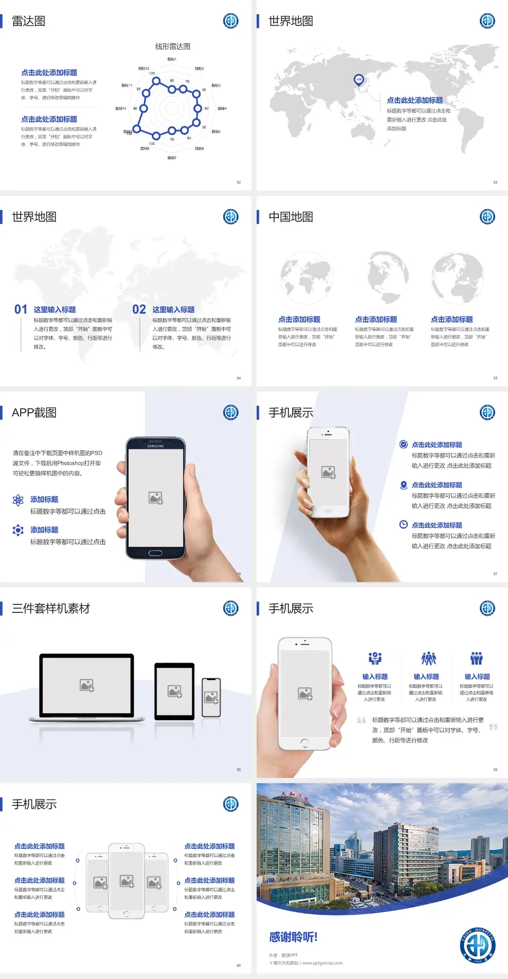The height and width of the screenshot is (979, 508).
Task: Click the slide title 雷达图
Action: tap(29, 21)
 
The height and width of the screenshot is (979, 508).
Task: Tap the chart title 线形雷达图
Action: tap(173, 47)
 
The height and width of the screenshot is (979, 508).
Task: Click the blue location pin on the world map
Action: tap(359, 80)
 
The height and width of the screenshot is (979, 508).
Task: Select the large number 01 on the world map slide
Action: tap(21, 310)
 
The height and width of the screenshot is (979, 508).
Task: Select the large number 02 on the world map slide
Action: tap(139, 310)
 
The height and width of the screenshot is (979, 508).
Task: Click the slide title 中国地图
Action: tap(291, 217)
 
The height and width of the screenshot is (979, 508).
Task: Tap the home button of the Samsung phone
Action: tap(155, 553)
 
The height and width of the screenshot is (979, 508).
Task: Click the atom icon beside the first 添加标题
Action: tap(18, 500)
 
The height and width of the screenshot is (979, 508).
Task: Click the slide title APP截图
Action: tap(34, 413)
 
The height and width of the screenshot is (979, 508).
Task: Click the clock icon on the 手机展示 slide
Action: tap(403, 524)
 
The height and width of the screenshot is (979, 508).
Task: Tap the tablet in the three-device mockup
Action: tap(174, 691)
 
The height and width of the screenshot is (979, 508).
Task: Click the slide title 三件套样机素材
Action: tap(51, 609)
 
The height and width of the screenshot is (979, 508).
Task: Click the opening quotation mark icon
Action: tap(361, 720)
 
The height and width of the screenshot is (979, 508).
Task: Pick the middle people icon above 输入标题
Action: tap(428, 659)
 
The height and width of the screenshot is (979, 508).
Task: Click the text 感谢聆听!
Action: tap(293, 937)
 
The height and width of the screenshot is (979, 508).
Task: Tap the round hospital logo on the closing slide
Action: tap(477, 946)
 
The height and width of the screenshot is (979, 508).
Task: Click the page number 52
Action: tap(239, 182)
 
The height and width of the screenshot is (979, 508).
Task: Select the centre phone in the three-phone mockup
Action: tap(126, 881)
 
